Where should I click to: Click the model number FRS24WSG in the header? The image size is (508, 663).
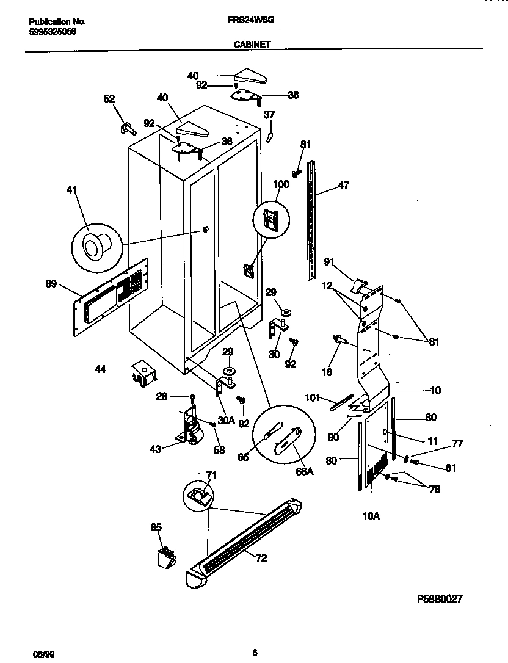click(255, 20)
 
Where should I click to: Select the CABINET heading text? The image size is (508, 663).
click(252, 45)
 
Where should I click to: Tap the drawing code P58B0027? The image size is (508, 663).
click(444, 600)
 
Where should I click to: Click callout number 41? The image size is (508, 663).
click(73, 190)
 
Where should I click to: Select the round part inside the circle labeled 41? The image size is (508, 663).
click(95, 246)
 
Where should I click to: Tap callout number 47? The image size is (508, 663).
click(344, 184)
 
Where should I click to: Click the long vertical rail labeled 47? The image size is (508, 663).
click(313, 220)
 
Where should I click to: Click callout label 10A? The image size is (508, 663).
click(371, 516)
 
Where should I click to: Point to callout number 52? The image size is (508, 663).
click(109, 99)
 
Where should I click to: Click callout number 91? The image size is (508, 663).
click(330, 263)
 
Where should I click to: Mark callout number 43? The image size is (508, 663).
click(155, 449)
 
